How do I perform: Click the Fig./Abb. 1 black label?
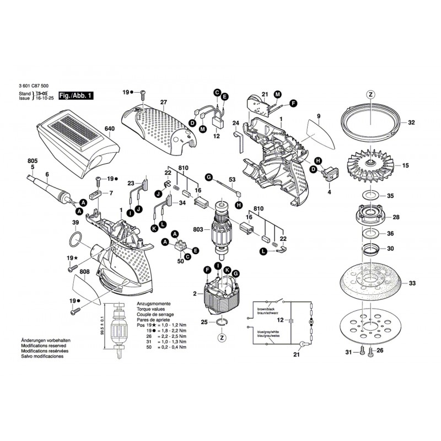[x=76, y=96]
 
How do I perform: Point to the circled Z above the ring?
[x=371, y=94]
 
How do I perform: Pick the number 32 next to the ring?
[x=412, y=123]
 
